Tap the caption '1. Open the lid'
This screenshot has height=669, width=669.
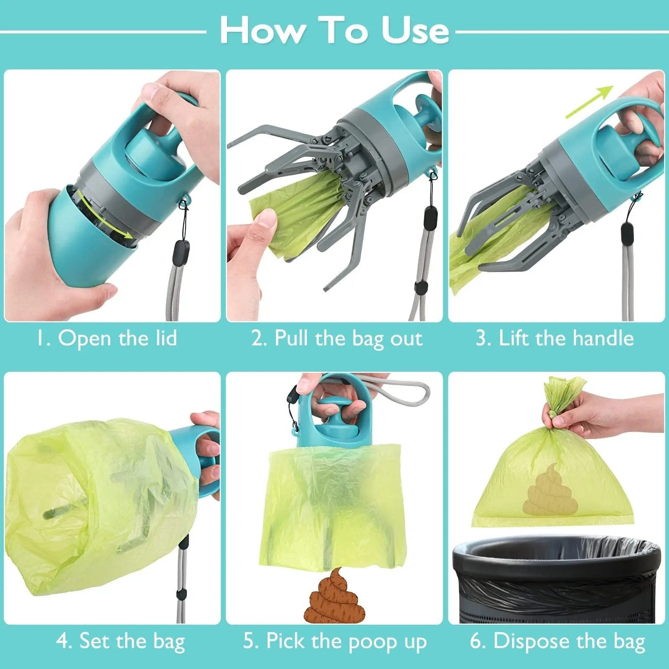coord(106,338)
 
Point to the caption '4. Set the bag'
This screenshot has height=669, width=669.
coord(120,641)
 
